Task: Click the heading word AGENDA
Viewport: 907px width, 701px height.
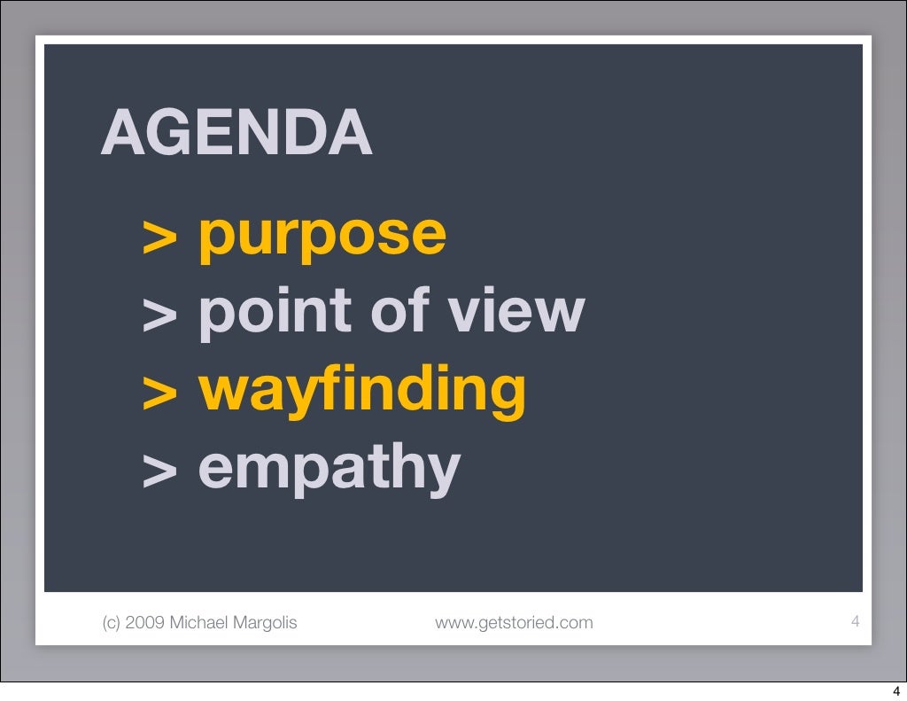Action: click(x=236, y=135)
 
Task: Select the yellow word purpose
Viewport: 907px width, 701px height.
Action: click(x=322, y=234)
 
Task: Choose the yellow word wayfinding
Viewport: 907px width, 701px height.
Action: click(x=361, y=391)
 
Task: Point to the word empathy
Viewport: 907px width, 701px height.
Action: click(x=329, y=469)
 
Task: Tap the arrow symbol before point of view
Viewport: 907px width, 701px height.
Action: click(x=159, y=314)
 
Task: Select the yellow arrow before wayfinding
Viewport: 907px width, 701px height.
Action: click(x=159, y=392)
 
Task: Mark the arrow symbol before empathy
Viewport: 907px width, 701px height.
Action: click(x=159, y=470)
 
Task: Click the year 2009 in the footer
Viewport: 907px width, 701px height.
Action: click(x=144, y=623)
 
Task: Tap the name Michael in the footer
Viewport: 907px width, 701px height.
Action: click(x=197, y=623)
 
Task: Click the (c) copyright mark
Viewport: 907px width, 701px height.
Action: click(x=112, y=623)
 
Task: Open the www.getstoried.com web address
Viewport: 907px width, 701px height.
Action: click(x=514, y=623)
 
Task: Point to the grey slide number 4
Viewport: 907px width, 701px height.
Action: click(x=855, y=621)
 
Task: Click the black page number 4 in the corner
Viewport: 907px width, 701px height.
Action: click(x=895, y=692)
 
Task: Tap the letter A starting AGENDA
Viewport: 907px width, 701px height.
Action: click(x=122, y=135)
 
